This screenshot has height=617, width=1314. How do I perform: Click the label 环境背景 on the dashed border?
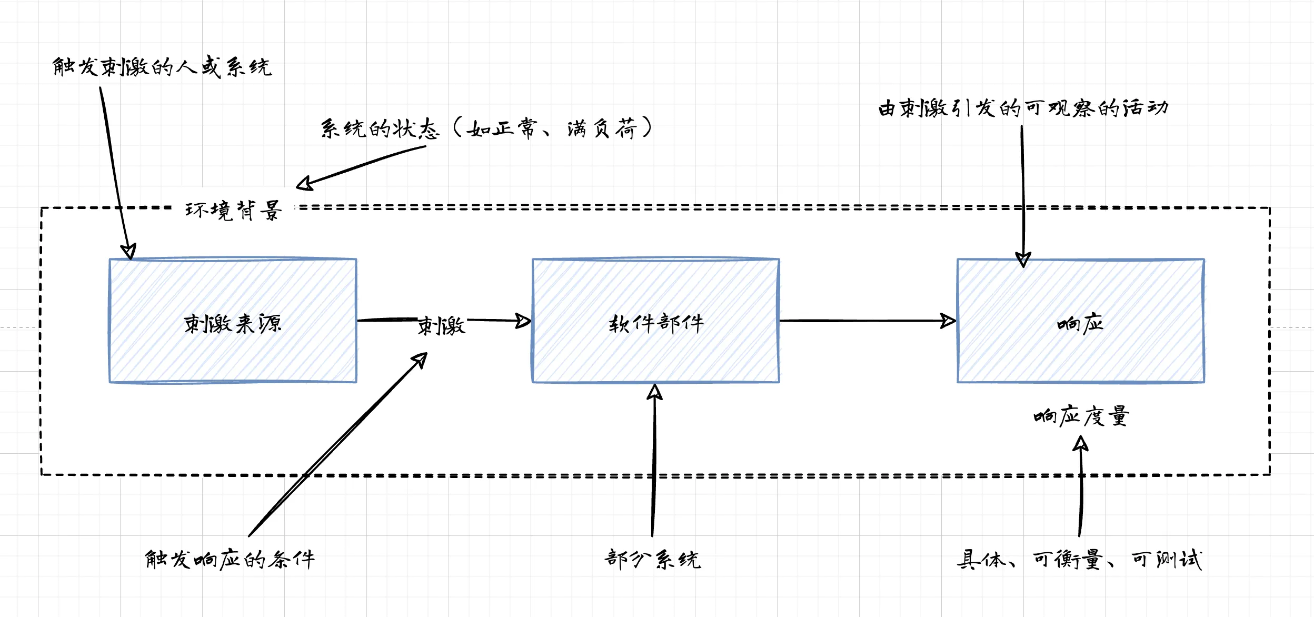233,210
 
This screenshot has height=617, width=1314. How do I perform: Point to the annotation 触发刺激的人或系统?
162,67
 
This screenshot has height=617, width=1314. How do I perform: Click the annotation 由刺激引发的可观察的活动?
1023,108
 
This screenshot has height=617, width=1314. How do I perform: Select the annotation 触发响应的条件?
230,559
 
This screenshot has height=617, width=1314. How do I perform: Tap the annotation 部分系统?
652,559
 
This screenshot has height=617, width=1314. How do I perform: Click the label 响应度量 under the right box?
1080,416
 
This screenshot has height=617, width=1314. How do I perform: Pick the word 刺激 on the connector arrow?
441,326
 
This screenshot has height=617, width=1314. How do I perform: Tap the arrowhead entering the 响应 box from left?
949,321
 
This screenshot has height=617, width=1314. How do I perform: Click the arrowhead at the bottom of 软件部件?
654,392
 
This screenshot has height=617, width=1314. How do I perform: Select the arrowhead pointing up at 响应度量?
1080,445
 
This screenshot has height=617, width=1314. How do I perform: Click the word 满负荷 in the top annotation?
602,128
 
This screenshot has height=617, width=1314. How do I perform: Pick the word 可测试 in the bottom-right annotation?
1167,559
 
